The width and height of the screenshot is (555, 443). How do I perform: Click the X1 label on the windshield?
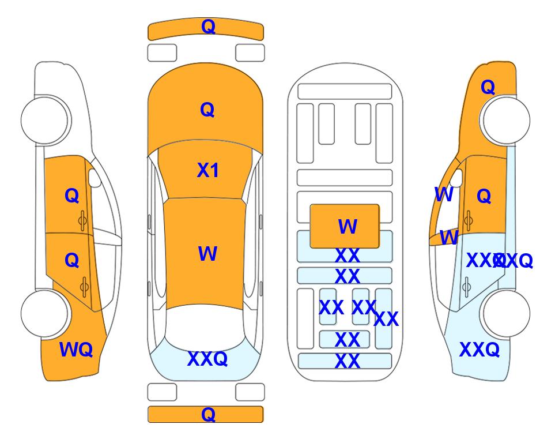pyautogui.click(x=208, y=170)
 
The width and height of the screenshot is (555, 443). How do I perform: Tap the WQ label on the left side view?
pyautogui.click(x=76, y=350)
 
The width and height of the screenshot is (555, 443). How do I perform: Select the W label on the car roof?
pyautogui.click(x=207, y=254)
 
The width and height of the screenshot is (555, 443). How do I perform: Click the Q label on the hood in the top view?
pyautogui.click(x=207, y=110)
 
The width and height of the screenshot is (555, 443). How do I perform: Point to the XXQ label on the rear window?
pyautogui.click(x=207, y=359)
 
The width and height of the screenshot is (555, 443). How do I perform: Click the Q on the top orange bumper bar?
pyautogui.click(x=208, y=27)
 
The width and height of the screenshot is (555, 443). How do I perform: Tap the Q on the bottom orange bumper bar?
pyautogui.click(x=208, y=414)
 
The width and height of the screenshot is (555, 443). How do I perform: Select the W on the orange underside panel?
pyautogui.click(x=348, y=227)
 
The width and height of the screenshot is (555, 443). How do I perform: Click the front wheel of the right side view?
pyautogui.click(x=505, y=120)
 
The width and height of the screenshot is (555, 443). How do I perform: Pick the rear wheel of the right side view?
pyautogui.click(x=505, y=313)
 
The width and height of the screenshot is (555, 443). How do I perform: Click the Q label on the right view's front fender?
pyautogui.click(x=488, y=87)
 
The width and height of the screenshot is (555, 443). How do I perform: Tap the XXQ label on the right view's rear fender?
pyautogui.click(x=479, y=350)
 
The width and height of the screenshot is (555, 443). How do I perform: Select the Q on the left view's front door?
pyautogui.click(x=71, y=196)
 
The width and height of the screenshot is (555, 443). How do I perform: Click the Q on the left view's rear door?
pyautogui.click(x=71, y=260)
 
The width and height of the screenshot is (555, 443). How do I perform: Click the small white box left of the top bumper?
pyautogui.click(x=162, y=52)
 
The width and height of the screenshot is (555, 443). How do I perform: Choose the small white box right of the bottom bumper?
pyautogui.click(x=250, y=392)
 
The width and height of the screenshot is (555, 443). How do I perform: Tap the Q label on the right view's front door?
pyautogui.click(x=484, y=196)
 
